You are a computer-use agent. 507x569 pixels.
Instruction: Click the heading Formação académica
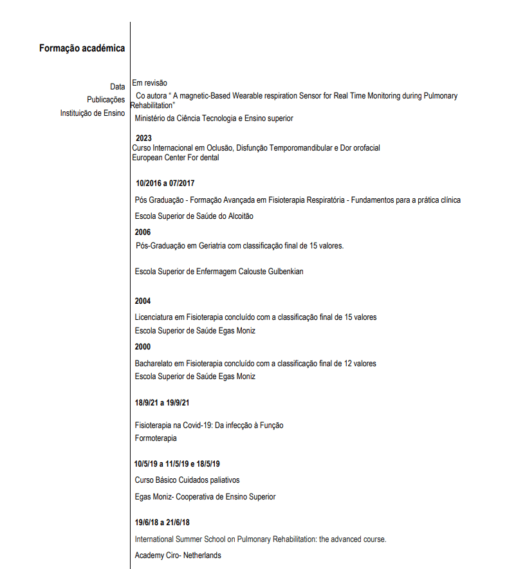(82, 48)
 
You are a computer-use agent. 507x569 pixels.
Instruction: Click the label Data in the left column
(117, 86)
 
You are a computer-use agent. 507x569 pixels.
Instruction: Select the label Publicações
(106, 100)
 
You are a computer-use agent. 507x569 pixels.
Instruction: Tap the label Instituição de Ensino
(93, 113)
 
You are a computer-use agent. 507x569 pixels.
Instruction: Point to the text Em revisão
(149, 83)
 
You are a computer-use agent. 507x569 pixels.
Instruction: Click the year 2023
(143, 138)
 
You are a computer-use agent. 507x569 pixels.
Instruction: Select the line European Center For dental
(175, 158)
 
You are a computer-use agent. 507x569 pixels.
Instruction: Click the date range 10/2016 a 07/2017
(165, 183)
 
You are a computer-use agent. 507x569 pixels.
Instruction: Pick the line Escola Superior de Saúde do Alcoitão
(194, 216)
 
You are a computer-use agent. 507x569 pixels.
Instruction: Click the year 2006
(143, 232)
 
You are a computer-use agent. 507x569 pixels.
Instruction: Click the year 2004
(143, 301)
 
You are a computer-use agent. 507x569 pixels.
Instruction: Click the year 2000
(143, 347)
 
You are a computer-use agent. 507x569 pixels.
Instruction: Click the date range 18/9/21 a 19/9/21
(162, 403)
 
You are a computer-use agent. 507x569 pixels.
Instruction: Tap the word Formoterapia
(156, 438)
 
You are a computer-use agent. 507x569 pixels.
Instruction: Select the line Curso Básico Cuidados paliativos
(187, 480)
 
